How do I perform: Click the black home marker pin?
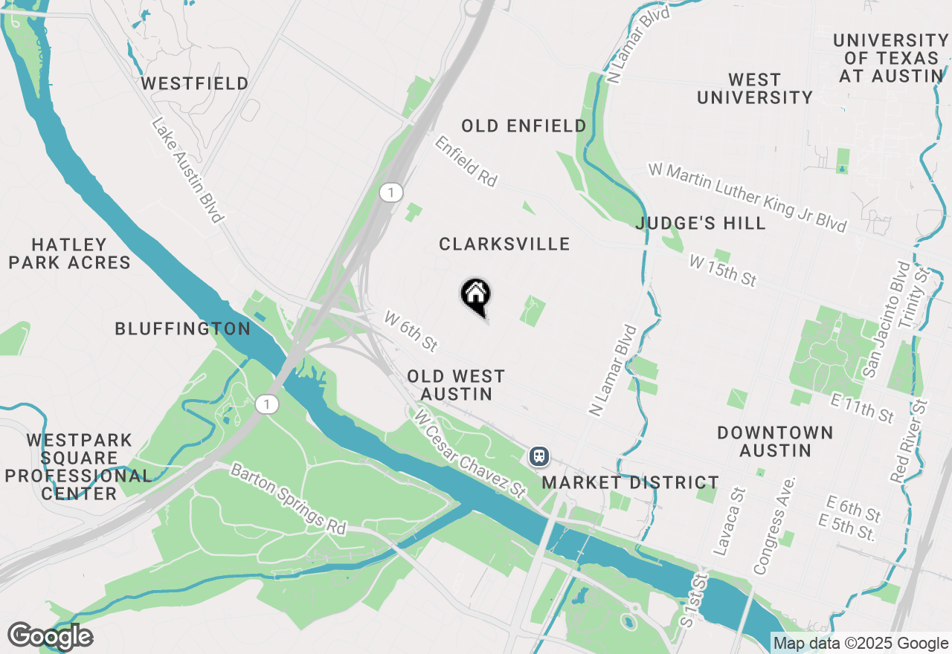click(x=476, y=295)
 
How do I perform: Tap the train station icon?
click(x=538, y=456)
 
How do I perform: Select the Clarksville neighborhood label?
click(x=504, y=244)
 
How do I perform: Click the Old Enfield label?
click(x=524, y=126)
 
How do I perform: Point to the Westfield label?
click(x=195, y=83)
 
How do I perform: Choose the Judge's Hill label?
click(x=701, y=223)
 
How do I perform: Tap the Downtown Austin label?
click(x=775, y=441)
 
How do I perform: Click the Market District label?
click(x=630, y=482)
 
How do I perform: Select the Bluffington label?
click(x=183, y=328)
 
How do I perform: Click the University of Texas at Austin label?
click(x=890, y=58)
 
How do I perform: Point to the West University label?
click(x=754, y=88)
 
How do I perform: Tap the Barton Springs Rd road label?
click(x=289, y=499)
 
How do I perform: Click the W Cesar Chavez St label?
click(x=471, y=453)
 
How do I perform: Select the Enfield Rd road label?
click(x=466, y=161)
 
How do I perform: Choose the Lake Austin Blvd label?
click(x=188, y=170)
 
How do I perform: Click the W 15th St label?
click(x=722, y=271)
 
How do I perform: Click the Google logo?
click(x=50, y=636)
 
